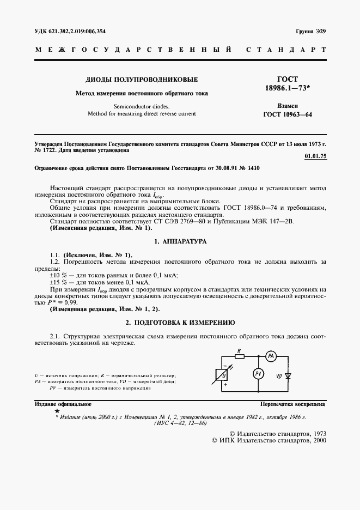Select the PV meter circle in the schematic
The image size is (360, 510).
click(259, 374)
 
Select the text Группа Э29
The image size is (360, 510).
click(310, 31)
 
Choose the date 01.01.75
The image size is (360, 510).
click(314, 156)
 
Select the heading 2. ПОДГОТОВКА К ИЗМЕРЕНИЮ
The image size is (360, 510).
click(180, 322)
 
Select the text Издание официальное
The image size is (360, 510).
click(63, 404)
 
